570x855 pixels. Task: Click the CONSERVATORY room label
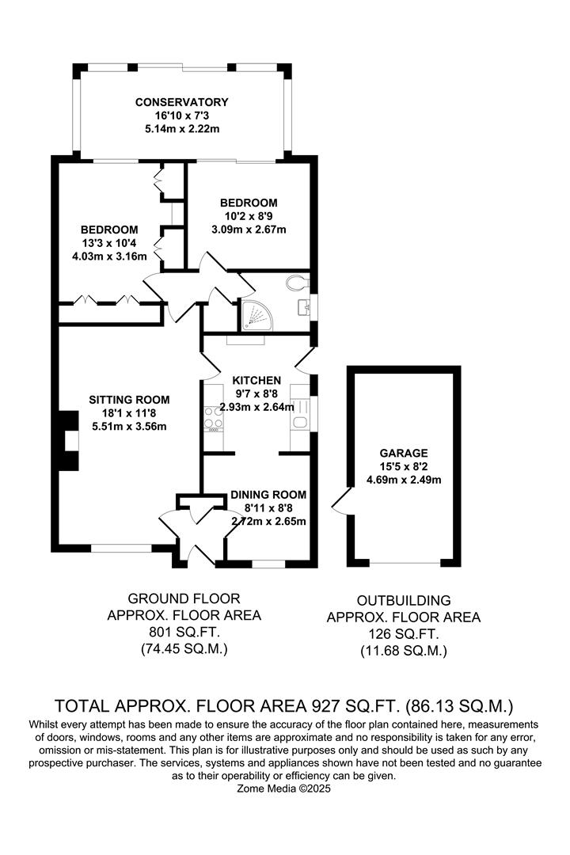(181, 102)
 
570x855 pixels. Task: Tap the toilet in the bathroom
(298, 283)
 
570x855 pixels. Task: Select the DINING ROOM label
(268, 495)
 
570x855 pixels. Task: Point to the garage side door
(342, 501)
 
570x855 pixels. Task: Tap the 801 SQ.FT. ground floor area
(183, 633)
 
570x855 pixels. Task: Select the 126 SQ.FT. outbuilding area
(404, 635)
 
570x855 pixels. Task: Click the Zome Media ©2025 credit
(285, 788)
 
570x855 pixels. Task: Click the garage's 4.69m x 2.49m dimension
(403, 480)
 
